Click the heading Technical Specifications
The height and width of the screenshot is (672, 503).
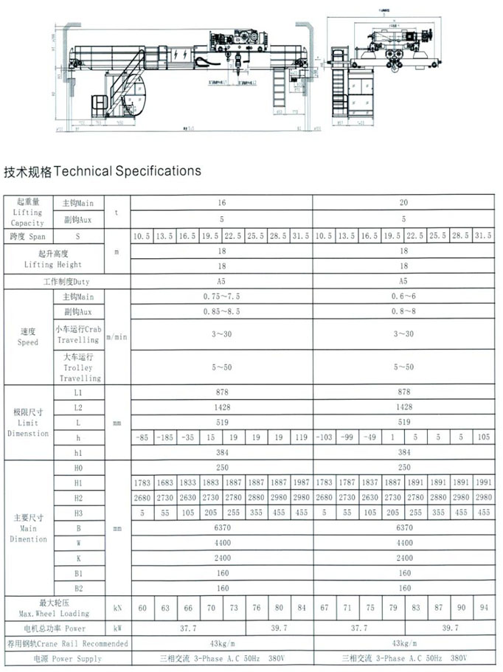pyautogui.click(x=103, y=171)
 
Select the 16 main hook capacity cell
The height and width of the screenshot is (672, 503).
pyautogui.click(x=221, y=202)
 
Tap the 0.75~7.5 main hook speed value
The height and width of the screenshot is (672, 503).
pyautogui.click(x=221, y=296)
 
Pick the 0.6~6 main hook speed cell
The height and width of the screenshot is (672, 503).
pyautogui.click(x=403, y=296)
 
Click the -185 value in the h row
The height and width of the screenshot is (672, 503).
pyautogui.click(x=165, y=437)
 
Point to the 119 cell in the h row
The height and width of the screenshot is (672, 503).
pyautogui.click(x=301, y=437)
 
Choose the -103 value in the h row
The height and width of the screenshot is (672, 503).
pyautogui.click(x=324, y=437)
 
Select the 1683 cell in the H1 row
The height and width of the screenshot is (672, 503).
pyautogui.click(x=165, y=483)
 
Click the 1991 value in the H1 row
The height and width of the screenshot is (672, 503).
pyautogui.click(x=483, y=483)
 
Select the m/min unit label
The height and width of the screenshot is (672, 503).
pyautogui.click(x=117, y=336)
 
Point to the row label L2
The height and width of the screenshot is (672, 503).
pyautogui.click(x=78, y=406)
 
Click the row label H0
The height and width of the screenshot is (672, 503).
pyautogui.click(x=78, y=468)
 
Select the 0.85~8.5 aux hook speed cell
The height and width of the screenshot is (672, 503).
pyautogui.click(x=221, y=311)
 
